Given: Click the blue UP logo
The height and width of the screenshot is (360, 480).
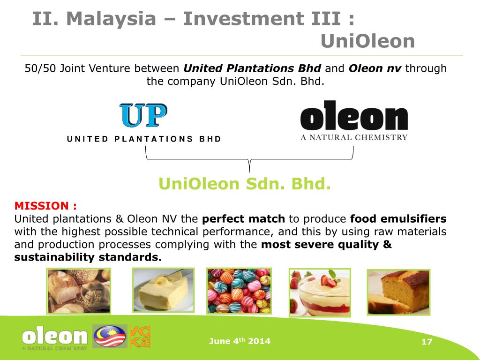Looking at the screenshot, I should pos(143,115).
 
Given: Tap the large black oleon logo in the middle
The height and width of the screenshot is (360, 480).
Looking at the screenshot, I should pos(354,116).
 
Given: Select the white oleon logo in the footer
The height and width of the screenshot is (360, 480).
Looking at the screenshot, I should pos(55,337).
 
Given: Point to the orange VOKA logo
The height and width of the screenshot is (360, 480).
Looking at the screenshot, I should pos(140,336).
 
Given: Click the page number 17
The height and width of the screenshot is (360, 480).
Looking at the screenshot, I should pos(427,342).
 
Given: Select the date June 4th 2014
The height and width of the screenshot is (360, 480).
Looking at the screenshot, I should pos(240,341).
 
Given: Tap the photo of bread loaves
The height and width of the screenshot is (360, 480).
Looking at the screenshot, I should pos(79,291).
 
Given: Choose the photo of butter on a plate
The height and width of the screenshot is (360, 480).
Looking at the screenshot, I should pos(163,290).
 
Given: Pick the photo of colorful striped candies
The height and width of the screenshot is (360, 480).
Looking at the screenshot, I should pos(239,291).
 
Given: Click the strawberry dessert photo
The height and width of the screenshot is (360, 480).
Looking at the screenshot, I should pos(320,292).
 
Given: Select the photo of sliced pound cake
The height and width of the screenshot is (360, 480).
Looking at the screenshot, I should pos(398,292).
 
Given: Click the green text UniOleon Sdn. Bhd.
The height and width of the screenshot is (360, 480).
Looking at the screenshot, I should pos(245,184).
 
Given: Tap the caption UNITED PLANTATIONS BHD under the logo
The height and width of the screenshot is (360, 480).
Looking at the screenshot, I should pos(144,139).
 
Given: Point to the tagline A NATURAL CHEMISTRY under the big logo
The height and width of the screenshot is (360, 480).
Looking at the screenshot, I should pos(354,137).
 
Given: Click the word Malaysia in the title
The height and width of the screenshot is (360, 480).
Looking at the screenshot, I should pos(111,19).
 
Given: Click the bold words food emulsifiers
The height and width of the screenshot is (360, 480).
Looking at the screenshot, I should pos(398,219).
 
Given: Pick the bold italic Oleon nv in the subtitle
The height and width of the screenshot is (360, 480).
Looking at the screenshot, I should pos(375,68).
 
